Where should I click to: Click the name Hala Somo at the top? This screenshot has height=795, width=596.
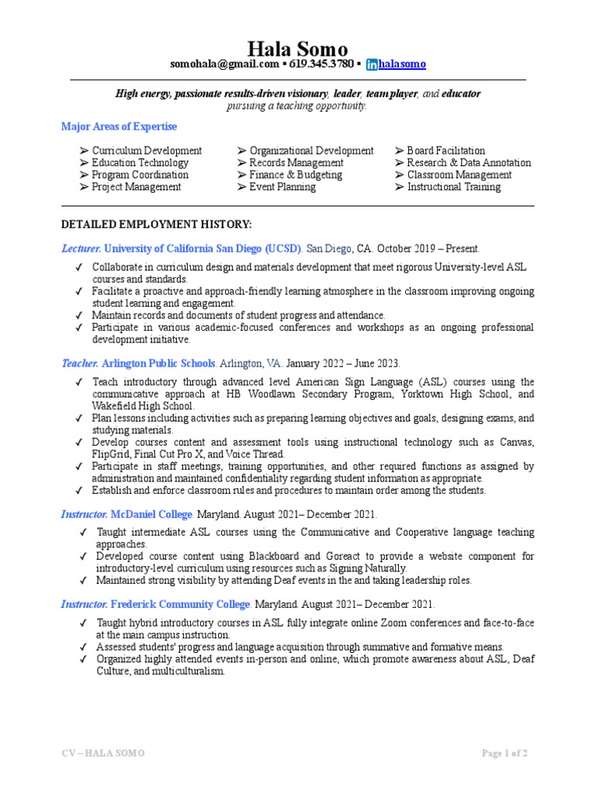[x=298, y=49]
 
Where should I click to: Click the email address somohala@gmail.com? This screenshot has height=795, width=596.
[x=224, y=64]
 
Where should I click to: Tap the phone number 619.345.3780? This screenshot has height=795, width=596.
[x=321, y=64]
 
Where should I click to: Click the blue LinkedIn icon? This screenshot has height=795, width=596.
[x=372, y=64]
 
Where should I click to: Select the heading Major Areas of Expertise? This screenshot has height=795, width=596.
[x=119, y=127]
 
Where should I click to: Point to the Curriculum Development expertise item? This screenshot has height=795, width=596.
[x=147, y=151]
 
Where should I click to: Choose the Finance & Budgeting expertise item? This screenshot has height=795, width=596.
[x=295, y=175]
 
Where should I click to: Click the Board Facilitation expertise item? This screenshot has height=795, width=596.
[x=445, y=151]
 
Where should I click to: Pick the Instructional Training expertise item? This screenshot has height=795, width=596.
[x=453, y=187]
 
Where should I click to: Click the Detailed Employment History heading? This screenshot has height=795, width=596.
[x=156, y=224]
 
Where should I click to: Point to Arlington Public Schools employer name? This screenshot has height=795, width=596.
[x=159, y=363]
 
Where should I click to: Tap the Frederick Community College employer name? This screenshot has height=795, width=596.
[x=181, y=604]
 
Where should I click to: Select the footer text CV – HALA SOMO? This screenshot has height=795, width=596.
[x=102, y=754]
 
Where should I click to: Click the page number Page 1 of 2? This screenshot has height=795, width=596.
[x=504, y=754]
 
